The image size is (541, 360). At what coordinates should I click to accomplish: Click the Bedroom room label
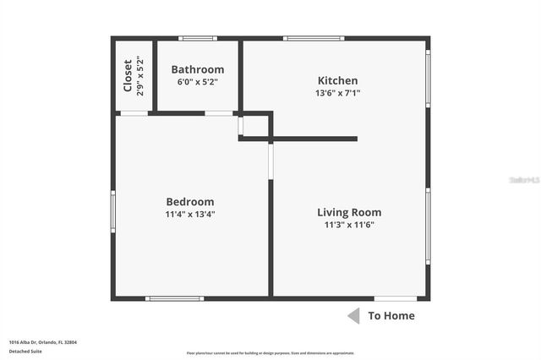[190, 202]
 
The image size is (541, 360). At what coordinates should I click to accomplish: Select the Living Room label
[349, 212]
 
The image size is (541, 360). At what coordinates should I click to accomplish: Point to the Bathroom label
[198, 69]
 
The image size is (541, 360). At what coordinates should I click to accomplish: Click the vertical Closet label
[128, 74]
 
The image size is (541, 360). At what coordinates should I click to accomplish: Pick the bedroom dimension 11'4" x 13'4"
[190, 215]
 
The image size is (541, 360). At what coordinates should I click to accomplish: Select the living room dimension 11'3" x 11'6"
[349, 225]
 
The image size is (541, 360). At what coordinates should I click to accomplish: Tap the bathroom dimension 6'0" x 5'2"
[198, 82]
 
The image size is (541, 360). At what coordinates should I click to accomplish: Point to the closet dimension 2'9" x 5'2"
[140, 74]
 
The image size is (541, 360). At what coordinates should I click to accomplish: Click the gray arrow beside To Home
[353, 316]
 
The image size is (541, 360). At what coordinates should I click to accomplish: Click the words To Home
[391, 316]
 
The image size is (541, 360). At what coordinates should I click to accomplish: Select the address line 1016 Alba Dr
[42, 342]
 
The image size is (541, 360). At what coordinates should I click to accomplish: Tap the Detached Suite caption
[25, 351]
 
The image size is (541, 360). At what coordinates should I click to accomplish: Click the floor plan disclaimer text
[270, 353]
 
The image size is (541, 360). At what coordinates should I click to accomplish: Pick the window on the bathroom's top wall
[198, 38]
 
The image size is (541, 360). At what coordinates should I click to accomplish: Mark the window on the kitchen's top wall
[313, 38]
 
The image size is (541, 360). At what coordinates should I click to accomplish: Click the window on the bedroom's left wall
[113, 211]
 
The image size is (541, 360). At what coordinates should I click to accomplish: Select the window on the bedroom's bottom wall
[174, 298]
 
